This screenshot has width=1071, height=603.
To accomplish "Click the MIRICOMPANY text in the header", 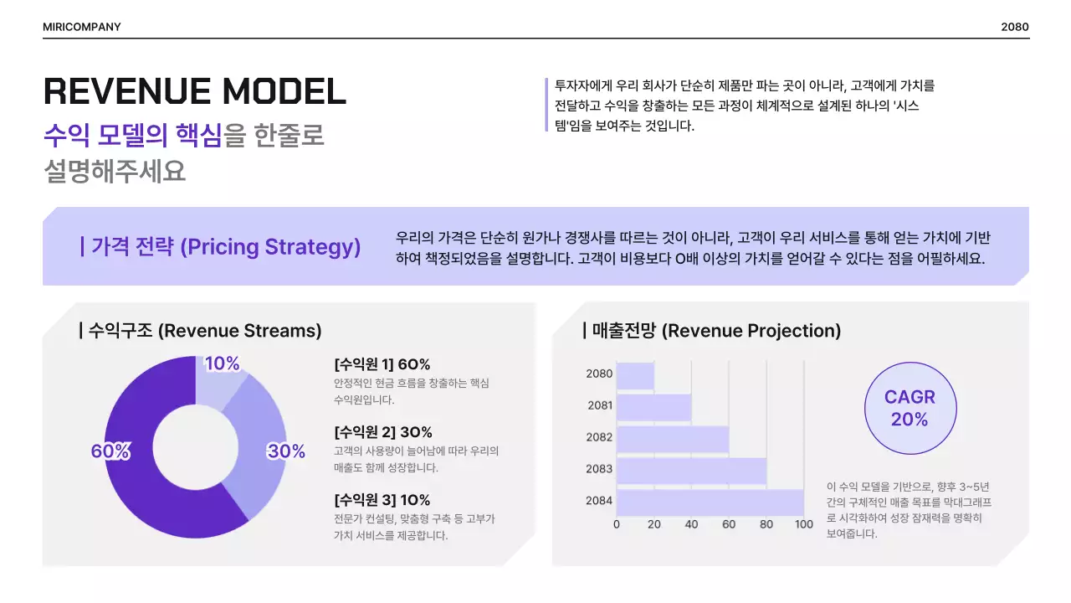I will (x=82, y=27).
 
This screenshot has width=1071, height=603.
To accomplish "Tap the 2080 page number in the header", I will (x=1014, y=27).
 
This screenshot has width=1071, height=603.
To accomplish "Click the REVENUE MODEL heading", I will (x=194, y=90).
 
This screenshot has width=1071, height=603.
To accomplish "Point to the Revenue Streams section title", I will (x=201, y=331).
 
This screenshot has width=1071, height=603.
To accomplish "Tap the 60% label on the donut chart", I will (x=110, y=451).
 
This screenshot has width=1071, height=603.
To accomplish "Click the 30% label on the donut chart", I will (x=286, y=451).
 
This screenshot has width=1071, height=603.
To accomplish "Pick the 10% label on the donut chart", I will (x=223, y=363).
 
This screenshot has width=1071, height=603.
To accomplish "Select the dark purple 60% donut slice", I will (x=134, y=494).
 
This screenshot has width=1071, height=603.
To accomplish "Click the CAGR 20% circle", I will (x=910, y=408).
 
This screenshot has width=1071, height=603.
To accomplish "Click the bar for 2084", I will (x=710, y=502).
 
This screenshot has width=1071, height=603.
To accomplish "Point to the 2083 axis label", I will (x=599, y=469).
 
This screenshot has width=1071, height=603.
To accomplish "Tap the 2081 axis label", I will (x=600, y=405).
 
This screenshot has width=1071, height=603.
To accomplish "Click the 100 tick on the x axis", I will (x=804, y=525).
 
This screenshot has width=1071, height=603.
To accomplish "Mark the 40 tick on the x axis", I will (x=691, y=525).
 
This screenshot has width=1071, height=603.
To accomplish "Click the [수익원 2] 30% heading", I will (x=383, y=432).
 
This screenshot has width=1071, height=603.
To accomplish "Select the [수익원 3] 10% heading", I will (x=382, y=500).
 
